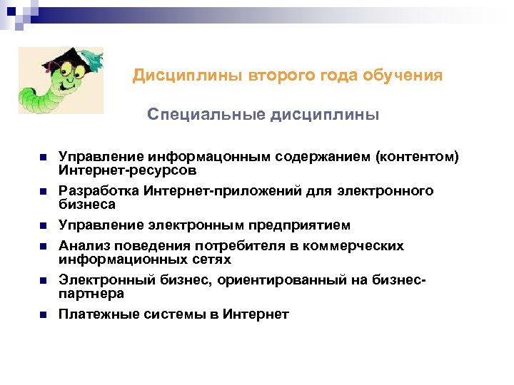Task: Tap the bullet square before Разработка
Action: tap(43, 192)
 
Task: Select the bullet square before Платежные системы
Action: tap(43, 314)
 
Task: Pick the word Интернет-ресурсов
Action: tap(128, 171)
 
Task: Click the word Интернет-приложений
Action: tap(205, 191)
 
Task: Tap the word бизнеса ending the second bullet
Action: tap(87, 205)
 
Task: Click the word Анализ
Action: tap(82, 246)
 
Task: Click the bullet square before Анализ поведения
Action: tap(43, 247)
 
